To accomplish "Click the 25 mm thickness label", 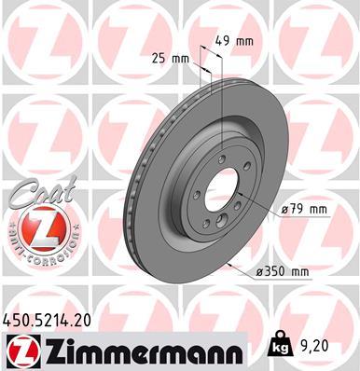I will pyautogui.click(x=171, y=58).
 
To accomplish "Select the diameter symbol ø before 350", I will pyautogui.click(x=257, y=271).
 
